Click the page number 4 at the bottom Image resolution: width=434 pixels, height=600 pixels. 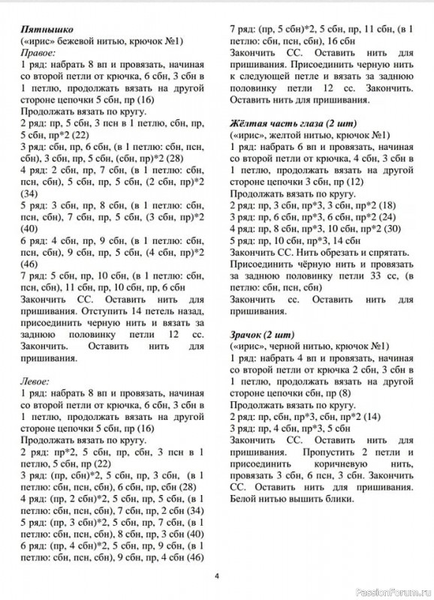(216, 577)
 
